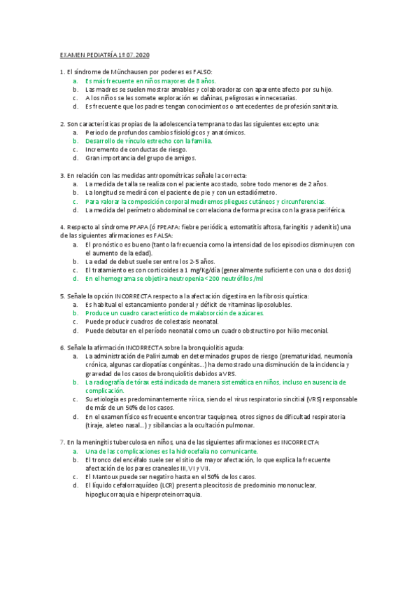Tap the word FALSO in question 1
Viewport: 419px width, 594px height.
coord(199,72)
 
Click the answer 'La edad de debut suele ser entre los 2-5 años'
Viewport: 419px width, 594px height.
coord(145,261)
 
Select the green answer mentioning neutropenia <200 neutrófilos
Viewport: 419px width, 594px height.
coord(174,278)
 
